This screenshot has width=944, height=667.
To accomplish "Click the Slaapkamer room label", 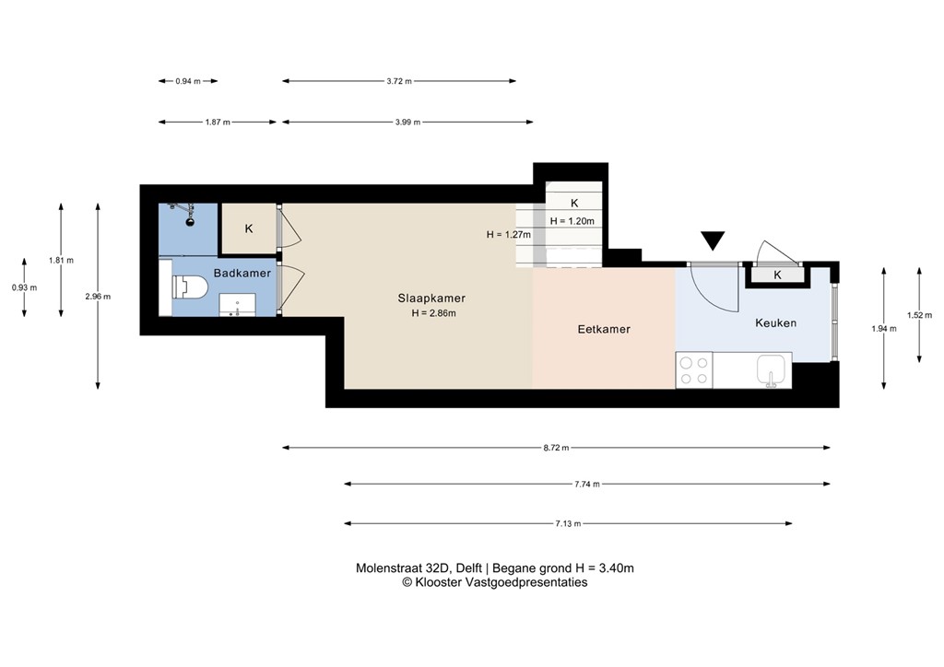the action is (x=431, y=298).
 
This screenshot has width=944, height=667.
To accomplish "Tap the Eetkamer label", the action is (x=604, y=329).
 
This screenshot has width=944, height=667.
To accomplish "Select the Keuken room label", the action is (x=775, y=323).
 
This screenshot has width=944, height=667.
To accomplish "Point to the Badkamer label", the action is (x=242, y=273).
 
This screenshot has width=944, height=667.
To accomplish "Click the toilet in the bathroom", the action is (x=189, y=287).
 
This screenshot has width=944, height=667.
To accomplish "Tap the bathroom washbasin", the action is (x=237, y=305).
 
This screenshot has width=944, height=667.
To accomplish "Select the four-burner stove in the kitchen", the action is (x=694, y=370).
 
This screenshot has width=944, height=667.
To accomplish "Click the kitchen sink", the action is (x=772, y=370).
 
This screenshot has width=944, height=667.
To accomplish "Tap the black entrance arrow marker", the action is (x=714, y=240).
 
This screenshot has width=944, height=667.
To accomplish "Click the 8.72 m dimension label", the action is (x=556, y=448).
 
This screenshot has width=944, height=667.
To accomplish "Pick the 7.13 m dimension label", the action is (x=568, y=524).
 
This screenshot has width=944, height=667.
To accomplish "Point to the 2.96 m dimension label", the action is (x=98, y=297).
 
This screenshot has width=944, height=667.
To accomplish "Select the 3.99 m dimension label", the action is (x=407, y=123).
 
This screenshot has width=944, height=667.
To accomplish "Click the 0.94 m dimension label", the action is (x=188, y=81).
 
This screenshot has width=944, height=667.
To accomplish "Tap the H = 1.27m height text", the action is (x=509, y=235).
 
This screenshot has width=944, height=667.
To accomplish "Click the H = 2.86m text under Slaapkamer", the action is (x=433, y=312).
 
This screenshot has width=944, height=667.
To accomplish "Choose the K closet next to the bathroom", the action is (x=249, y=228).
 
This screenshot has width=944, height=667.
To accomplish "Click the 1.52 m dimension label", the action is (x=919, y=315).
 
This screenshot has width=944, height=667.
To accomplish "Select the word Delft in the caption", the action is (x=469, y=568).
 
